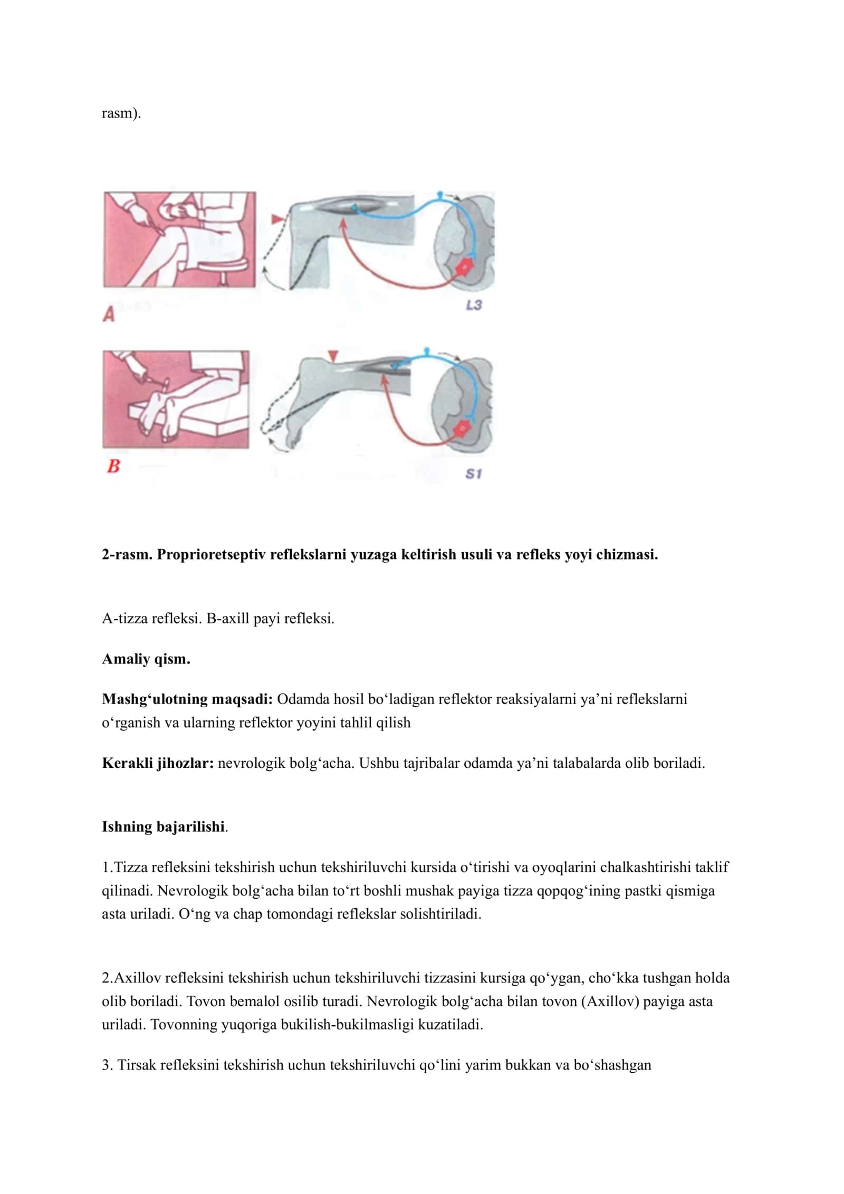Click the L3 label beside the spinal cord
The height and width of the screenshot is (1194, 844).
point(474,305)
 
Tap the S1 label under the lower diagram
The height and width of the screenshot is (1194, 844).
point(473,474)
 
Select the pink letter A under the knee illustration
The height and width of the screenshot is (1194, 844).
point(109,314)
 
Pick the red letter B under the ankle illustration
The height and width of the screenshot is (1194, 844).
point(113,466)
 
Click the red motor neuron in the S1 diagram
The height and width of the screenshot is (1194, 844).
point(463,428)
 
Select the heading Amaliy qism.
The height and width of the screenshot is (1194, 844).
point(146,659)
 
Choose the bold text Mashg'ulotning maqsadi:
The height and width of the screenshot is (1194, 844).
point(187,699)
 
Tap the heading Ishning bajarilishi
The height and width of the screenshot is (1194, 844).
point(164,826)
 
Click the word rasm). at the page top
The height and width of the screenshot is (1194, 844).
point(121,113)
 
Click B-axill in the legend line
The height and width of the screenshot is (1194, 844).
point(227,618)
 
